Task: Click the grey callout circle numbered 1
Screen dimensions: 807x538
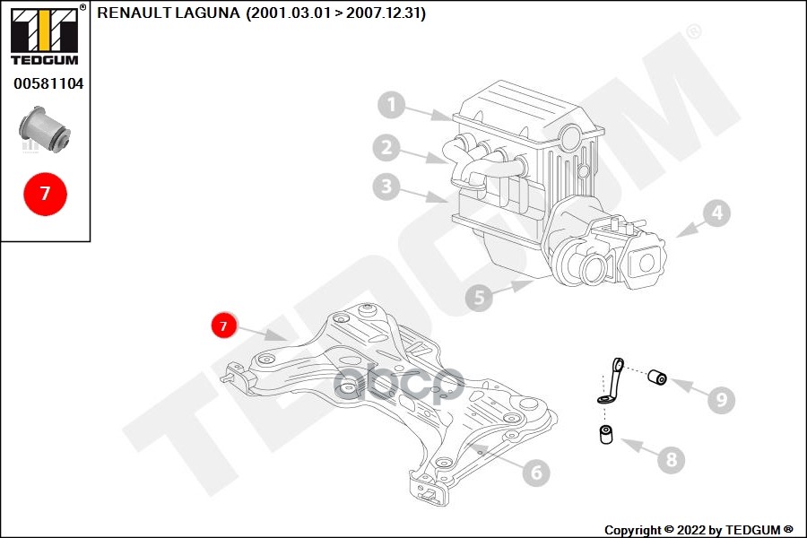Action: click(391, 107)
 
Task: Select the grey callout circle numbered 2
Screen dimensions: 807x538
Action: click(386, 147)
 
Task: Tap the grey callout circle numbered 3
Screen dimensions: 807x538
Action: click(386, 187)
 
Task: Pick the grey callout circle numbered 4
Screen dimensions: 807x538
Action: click(716, 213)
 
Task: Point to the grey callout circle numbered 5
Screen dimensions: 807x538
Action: click(479, 298)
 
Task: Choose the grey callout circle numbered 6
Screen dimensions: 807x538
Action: click(534, 472)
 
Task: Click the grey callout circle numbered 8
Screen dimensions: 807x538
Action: click(670, 461)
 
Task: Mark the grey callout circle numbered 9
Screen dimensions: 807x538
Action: click(720, 398)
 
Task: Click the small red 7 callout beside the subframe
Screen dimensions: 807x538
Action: click(224, 325)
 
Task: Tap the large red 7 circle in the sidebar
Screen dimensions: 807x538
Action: click(46, 193)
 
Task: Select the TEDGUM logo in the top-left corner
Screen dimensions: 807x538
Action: click(44, 36)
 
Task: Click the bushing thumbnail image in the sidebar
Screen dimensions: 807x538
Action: click(46, 129)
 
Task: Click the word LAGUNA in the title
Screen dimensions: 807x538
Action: click(210, 13)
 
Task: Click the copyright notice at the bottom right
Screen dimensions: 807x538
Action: click(698, 530)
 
